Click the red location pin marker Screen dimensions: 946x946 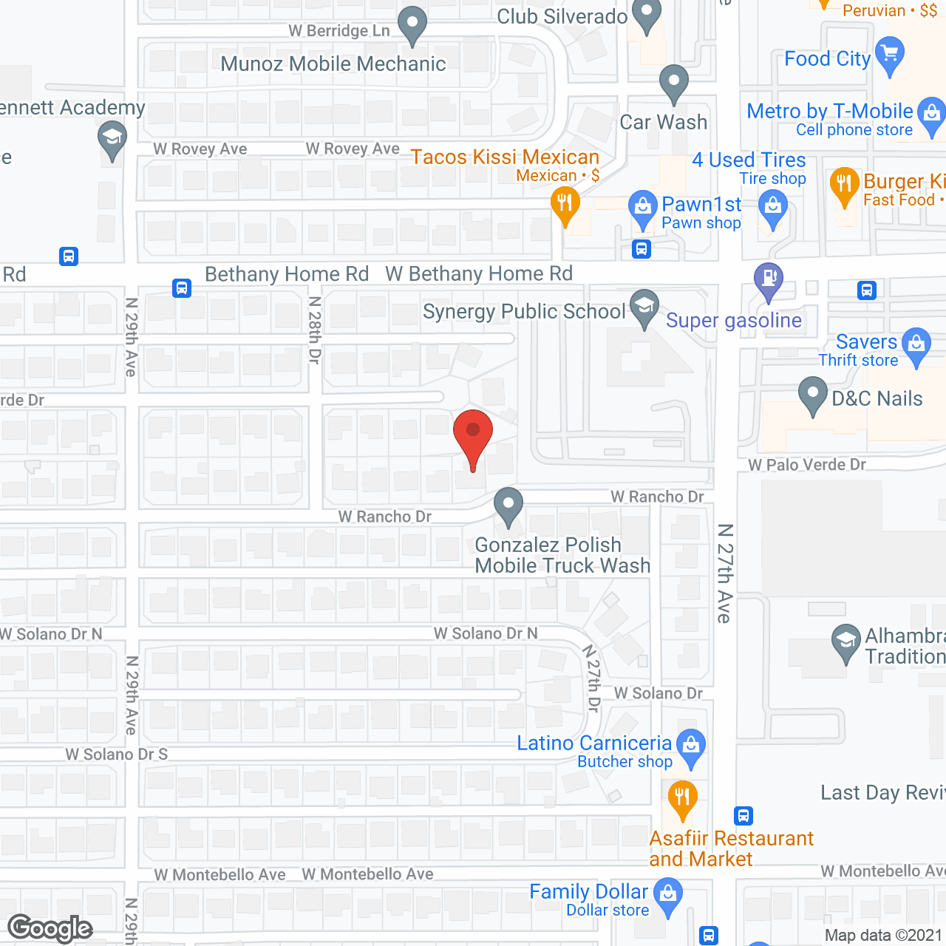pos(472,437)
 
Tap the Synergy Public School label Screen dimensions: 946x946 pos(524,312)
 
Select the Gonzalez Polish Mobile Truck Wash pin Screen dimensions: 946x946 pos(508,506)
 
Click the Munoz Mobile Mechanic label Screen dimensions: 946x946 pos(333,64)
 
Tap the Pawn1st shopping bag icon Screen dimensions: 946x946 pos(642,207)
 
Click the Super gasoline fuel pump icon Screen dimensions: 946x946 pos(769,280)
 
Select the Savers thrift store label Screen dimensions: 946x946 pos(866,342)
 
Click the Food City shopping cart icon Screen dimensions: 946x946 pos(890,55)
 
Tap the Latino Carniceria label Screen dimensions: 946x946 pos(594,743)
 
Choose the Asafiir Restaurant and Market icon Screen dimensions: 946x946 pos(682,798)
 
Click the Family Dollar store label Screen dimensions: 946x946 pos(588,892)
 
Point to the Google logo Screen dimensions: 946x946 pos(50,928)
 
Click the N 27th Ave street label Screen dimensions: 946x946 pos(725,574)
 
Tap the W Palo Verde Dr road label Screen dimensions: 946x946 pos(807,465)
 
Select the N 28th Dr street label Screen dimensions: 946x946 pos(316,330)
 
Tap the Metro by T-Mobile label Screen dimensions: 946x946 pos(830,112)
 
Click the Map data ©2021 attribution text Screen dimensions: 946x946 pos(883,936)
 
